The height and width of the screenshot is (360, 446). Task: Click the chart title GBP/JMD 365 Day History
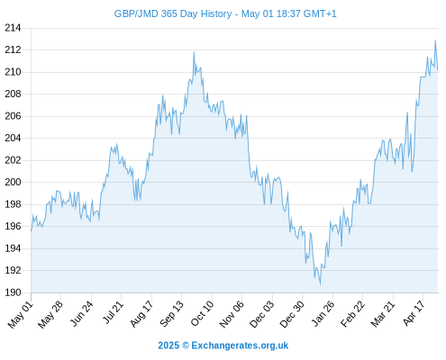coord(173,13)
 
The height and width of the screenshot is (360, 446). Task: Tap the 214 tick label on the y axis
coord(13,28)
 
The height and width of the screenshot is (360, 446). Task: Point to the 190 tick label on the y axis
coord(13,292)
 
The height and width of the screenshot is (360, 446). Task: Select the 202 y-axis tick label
coord(13,160)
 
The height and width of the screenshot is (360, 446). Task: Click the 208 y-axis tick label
coord(13,94)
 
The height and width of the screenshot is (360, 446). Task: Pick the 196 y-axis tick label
coord(13,226)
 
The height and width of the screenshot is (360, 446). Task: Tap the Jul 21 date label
coord(114,312)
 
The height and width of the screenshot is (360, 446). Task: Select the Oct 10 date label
coord(203,313)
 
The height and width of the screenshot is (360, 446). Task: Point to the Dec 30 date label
coord(292,314)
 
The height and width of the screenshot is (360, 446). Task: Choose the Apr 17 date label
coord(414,313)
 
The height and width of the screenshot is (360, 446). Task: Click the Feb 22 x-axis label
coord(352,313)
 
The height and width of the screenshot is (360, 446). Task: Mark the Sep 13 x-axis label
coord(171,313)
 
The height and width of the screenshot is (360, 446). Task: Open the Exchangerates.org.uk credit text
coord(240,346)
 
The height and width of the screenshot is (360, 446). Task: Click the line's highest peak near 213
coord(435,40)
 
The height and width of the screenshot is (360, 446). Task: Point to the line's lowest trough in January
coord(320,284)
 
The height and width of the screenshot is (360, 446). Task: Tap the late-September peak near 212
coord(194,52)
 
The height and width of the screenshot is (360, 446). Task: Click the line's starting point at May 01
coord(31,230)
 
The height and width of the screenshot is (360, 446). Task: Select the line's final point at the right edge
coord(438,70)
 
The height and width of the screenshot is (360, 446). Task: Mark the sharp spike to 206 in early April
coord(407,112)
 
